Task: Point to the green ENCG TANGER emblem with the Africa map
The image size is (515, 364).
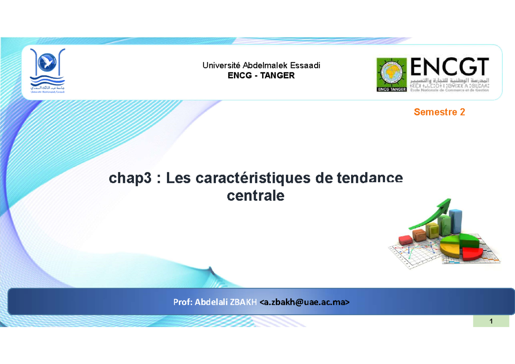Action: [x=391, y=74]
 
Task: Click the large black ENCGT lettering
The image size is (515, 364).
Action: [x=450, y=68]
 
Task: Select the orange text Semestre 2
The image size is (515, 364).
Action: [x=439, y=112]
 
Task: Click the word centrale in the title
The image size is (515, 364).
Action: [x=255, y=196]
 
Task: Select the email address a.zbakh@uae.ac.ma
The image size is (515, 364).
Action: [x=305, y=302]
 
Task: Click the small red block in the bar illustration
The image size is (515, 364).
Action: [x=404, y=239]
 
